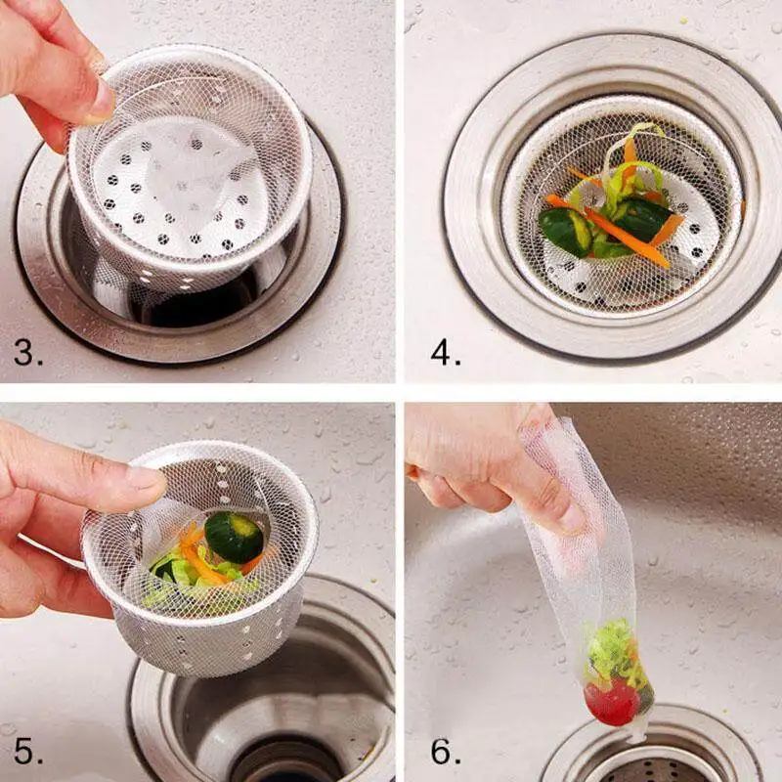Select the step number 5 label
(28, 753)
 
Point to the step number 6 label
(446, 753)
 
